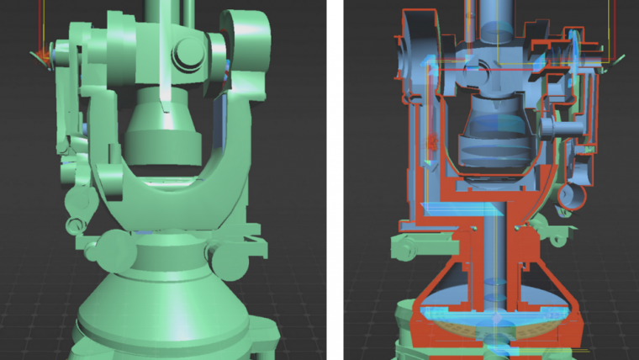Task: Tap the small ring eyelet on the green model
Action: pos(76,225)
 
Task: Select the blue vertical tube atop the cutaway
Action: pos(496,17)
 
